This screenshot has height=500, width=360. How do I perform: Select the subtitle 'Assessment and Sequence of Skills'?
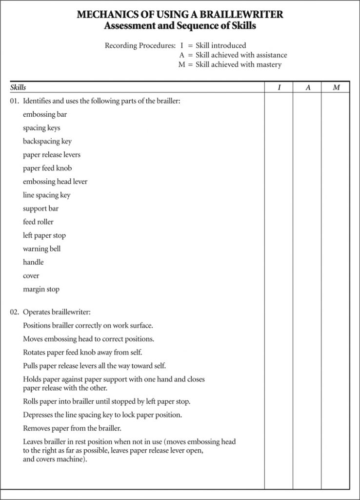(180, 26)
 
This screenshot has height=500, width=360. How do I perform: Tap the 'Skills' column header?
(18, 87)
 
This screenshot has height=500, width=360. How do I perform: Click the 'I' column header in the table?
(279, 87)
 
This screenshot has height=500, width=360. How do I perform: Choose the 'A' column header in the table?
(307, 87)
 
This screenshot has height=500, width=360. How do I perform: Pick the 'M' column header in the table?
(336, 87)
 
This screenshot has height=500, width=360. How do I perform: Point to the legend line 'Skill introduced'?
(220, 46)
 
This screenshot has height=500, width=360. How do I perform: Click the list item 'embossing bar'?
(45, 115)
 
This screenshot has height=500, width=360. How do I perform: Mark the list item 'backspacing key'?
(47, 142)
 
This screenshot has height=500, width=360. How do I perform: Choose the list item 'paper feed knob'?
(47, 168)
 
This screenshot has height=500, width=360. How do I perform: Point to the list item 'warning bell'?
(42, 249)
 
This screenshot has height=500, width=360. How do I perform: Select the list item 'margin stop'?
(41, 289)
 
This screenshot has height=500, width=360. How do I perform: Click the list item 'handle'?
(33, 262)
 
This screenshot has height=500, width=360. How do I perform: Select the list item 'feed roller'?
(38, 222)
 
